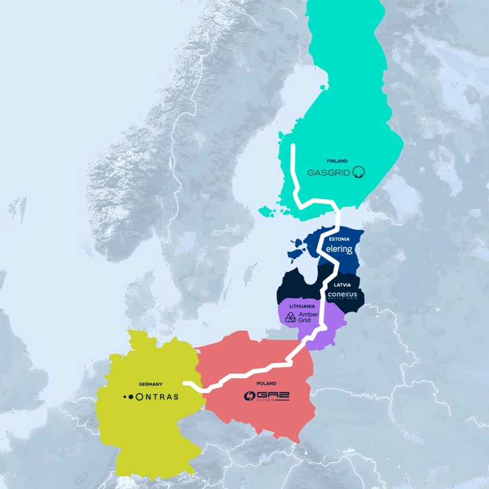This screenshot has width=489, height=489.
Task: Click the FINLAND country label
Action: (x=337, y=161)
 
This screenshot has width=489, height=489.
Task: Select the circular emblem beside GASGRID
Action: (x=359, y=172)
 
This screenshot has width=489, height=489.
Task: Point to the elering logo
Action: (x=340, y=249)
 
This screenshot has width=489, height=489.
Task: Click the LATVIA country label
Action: (x=342, y=285)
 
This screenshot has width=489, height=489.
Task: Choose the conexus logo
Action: (x=344, y=295)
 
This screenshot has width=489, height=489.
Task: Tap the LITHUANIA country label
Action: (x=302, y=306)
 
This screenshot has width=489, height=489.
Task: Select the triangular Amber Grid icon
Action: (x=290, y=317)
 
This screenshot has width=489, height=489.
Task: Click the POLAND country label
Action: (x=266, y=383)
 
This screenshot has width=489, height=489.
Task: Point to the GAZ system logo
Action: (x=267, y=396)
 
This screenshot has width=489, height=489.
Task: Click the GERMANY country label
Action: (x=151, y=384)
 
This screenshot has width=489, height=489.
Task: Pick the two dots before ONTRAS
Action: (x=127, y=397)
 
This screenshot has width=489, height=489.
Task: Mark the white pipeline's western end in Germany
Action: (x=184, y=383)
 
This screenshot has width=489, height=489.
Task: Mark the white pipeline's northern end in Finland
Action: (x=292, y=145)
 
